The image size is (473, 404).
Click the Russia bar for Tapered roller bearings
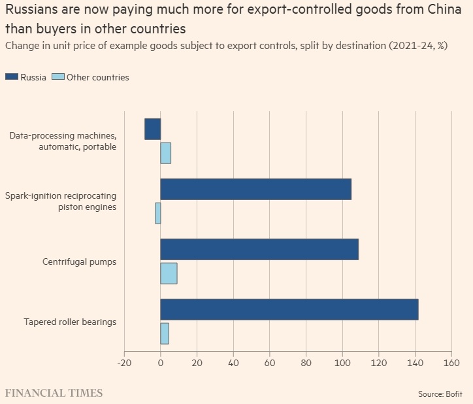[x=289, y=309]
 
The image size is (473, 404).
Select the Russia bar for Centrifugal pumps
[x=259, y=249]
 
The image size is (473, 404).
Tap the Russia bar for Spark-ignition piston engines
[x=255, y=189]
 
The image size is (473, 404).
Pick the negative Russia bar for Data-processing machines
[x=152, y=129]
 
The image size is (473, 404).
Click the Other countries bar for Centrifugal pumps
[x=169, y=273]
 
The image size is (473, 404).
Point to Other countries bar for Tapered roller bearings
[x=165, y=333]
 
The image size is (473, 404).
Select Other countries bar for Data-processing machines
[x=165, y=153]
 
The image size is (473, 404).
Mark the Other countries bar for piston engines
[x=157, y=213]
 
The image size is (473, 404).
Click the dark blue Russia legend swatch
[x=11, y=77]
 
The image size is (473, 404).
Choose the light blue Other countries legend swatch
[x=57, y=77]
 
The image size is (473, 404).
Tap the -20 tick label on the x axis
[x=124, y=363]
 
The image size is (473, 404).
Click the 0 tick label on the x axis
[x=161, y=363]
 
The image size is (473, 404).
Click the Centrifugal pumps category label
[x=79, y=262]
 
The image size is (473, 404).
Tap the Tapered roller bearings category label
[x=70, y=322]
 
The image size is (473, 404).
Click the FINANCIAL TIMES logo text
[x=54, y=393]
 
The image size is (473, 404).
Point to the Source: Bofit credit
[x=440, y=394]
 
